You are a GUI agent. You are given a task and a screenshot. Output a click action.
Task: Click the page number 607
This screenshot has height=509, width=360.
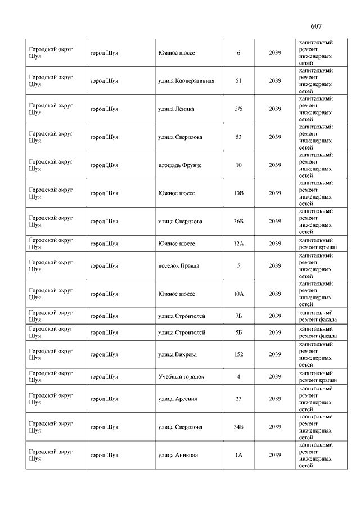(316, 26)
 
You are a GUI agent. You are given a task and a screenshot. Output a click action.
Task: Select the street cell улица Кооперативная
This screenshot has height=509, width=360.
(186, 81)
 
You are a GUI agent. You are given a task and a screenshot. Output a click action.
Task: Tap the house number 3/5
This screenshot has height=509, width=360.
(238, 109)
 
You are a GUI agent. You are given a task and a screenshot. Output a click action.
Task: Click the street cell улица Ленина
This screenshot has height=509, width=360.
(176, 109)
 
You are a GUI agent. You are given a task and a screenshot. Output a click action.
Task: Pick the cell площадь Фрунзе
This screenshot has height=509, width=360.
(179, 165)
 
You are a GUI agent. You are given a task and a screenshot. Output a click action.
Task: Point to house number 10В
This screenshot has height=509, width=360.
(238, 193)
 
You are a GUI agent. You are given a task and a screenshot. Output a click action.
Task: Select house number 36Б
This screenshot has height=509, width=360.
(238, 222)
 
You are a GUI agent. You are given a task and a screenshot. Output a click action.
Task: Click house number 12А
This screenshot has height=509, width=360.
(238, 244)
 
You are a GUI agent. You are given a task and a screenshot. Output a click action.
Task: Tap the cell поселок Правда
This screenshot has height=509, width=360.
(178, 266)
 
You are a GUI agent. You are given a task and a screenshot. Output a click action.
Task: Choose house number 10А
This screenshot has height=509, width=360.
(238, 294)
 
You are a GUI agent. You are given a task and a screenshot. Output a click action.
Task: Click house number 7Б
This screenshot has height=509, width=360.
(238, 316)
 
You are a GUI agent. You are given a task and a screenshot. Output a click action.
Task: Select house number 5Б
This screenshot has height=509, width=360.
(238, 332)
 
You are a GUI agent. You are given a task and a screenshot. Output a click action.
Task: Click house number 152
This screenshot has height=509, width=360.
(238, 355)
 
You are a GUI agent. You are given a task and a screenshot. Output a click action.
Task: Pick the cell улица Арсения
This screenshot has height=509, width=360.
(177, 399)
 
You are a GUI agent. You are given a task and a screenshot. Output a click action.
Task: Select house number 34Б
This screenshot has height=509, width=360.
(238, 427)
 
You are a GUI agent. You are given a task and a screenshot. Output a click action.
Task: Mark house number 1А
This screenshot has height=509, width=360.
(238, 456)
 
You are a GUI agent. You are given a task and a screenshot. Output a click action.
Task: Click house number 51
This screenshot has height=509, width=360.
(238, 81)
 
